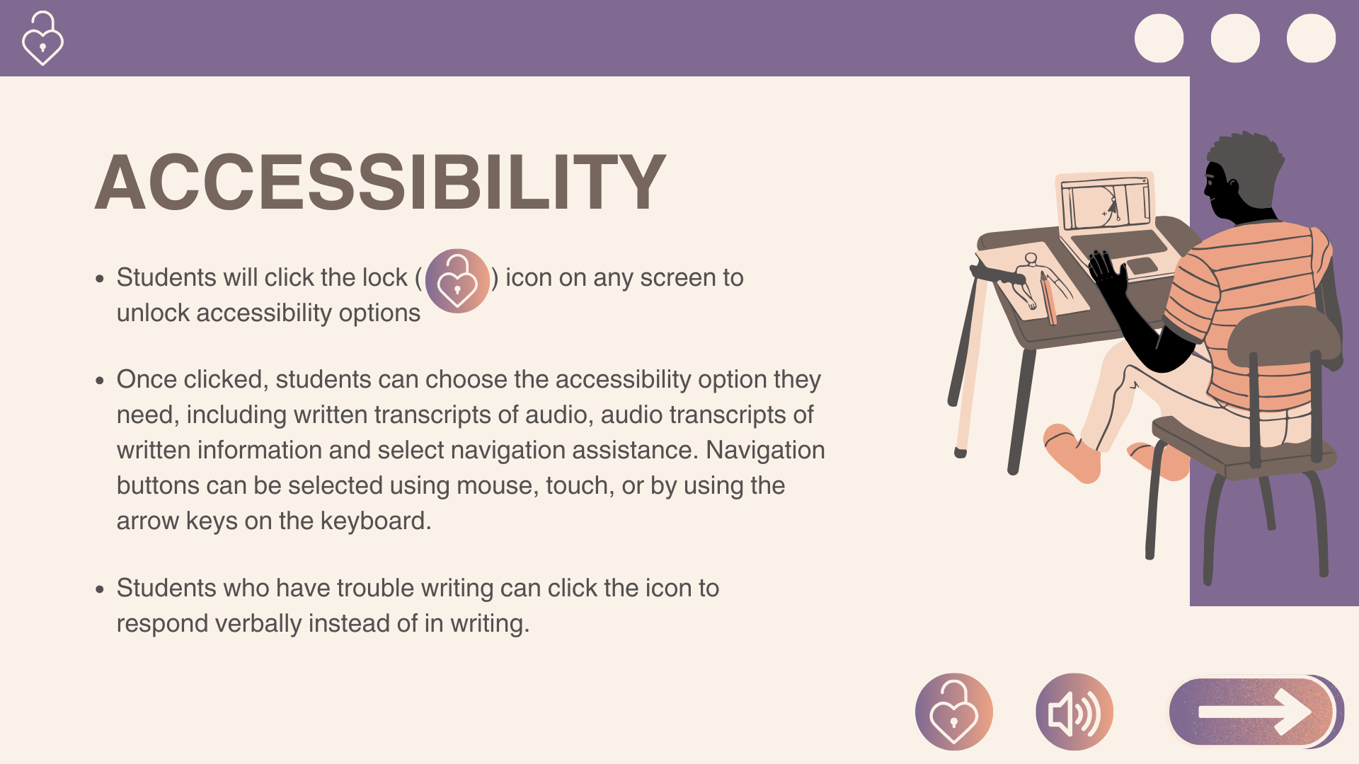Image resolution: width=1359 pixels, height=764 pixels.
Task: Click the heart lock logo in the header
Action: (x=42, y=39)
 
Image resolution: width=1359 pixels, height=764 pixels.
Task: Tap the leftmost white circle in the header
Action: (x=1159, y=38)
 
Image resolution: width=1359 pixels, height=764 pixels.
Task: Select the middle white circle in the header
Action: (x=1235, y=38)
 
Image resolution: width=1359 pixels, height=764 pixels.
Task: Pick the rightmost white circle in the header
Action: (x=1311, y=38)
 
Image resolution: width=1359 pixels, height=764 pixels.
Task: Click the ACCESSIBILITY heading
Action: (x=381, y=183)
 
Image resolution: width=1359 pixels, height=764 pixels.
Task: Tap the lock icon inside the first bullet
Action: (x=457, y=281)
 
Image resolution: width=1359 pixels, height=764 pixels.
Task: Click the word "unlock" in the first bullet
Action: (x=153, y=313)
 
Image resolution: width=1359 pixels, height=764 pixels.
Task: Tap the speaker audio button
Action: (x=1074, y=712)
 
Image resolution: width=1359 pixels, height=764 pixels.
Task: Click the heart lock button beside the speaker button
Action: (x=954, y=712)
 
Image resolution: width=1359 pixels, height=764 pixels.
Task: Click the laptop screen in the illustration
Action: (x=1105, y=204)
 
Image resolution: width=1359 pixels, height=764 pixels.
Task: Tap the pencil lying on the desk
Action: (x=1048, y=298)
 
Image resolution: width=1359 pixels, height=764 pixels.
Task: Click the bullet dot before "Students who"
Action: (x=100, y=589)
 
